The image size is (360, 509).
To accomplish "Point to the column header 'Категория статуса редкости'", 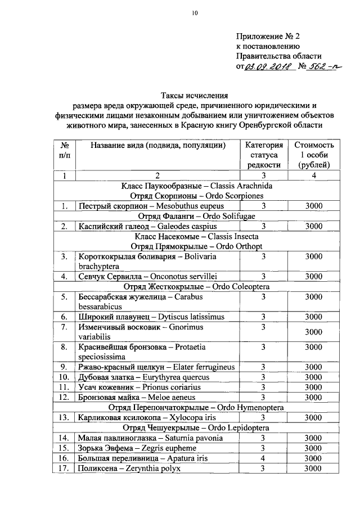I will point(262,155).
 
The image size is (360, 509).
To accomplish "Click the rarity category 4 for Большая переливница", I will point(262,458).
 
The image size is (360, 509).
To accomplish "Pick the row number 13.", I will point(65,417).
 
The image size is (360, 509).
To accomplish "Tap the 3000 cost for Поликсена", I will point(313,468).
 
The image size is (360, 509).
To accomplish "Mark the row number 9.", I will point(65,367).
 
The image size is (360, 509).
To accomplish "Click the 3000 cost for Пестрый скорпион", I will point(313,206).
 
